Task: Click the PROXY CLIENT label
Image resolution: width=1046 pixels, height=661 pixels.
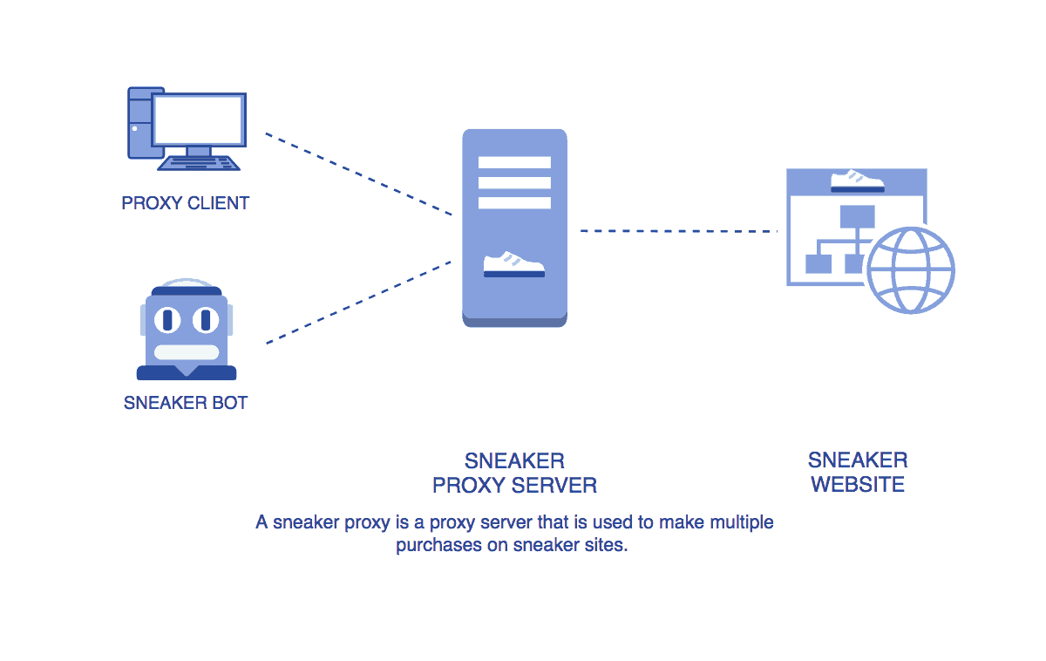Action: (186, 203)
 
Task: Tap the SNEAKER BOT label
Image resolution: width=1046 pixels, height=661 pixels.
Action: (186, 403)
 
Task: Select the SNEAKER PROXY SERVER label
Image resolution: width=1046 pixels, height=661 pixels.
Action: (514, 473)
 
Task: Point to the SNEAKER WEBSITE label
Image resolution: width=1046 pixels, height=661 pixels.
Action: (858, 472)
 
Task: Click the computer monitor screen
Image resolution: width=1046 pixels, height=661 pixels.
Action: (199, 119)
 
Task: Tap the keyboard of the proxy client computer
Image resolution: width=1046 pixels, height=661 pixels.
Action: (199, 163)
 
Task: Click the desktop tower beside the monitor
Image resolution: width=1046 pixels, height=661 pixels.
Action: (140, 122)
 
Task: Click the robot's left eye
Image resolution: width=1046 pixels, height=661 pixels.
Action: (167, 320)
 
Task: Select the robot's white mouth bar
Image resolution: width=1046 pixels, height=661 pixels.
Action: (186, 352)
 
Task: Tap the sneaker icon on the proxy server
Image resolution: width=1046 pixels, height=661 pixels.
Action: (514, 264)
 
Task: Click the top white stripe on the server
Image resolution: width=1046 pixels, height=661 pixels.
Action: (514, 162)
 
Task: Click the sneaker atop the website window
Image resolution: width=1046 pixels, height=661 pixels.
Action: (858, 181)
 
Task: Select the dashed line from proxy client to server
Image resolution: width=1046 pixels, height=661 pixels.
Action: (357, 174)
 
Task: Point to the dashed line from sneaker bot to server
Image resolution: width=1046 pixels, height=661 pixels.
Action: (357, 302)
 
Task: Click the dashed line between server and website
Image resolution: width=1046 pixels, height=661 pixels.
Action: (678, 231)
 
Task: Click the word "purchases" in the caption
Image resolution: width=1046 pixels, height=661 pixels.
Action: (434, 547)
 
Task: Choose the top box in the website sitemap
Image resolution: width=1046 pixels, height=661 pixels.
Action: (857, 216)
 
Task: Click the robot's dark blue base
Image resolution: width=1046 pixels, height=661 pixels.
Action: (186, 373)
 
